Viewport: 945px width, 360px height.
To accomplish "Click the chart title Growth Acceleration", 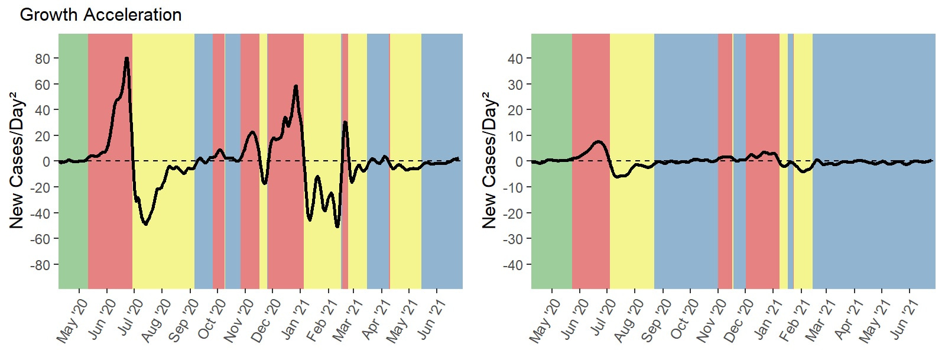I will (x=100, y=14).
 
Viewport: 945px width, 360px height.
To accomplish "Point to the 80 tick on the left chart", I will (x=43, y=59).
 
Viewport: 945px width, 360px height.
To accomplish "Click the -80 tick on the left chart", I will (x=40, y=265).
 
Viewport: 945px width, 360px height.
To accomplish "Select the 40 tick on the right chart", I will (x=515, y=59).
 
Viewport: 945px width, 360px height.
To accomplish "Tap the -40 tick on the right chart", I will (x=512, y=265).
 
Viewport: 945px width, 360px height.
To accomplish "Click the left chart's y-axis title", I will (x=17, y=160).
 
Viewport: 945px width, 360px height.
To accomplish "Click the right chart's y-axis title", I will (x=489, y=160).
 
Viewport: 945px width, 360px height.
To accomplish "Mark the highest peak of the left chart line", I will (x=126, y=58).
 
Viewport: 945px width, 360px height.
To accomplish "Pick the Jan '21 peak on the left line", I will (x=295, y=86).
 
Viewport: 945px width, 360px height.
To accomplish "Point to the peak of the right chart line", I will (x=599, y=142).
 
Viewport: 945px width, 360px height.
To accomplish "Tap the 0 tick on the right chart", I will (x=518, y=161).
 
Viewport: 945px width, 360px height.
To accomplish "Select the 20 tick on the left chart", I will (x=43, y=136).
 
